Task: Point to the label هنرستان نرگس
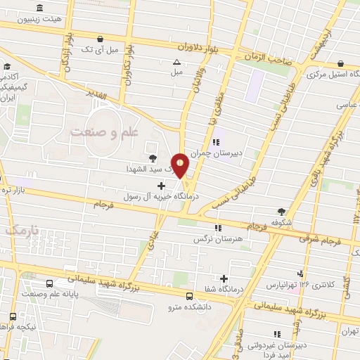pos(217,239)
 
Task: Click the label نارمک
pos(19,230)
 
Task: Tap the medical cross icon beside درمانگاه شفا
pos(224,278)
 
